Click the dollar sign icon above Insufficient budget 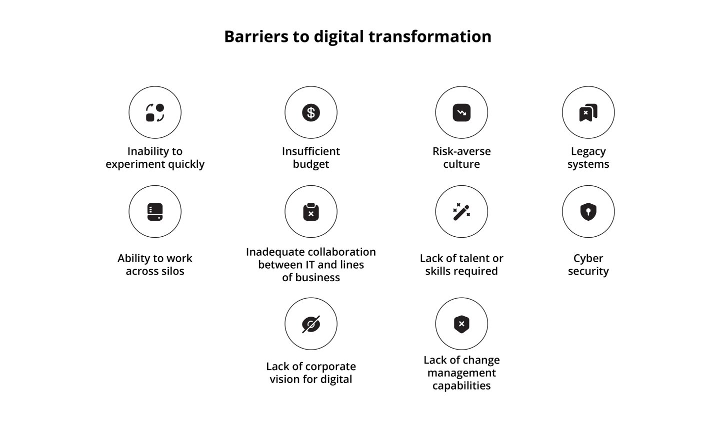[311, 112]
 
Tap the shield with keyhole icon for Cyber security [588, 212]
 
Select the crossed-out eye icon [311, 324]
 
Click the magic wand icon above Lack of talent [461, 212]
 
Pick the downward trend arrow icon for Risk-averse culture [461, 112]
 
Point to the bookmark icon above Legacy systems [588, 112]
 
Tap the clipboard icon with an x [311, 212]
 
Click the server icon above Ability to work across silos [155, 212]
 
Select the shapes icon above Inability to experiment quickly [155, 112]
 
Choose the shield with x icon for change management [461, 324]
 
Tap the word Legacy [588, 151]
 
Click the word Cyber [588, 258]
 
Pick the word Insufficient [311, 151]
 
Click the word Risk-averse [461, 151]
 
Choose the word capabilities [461, 386]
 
